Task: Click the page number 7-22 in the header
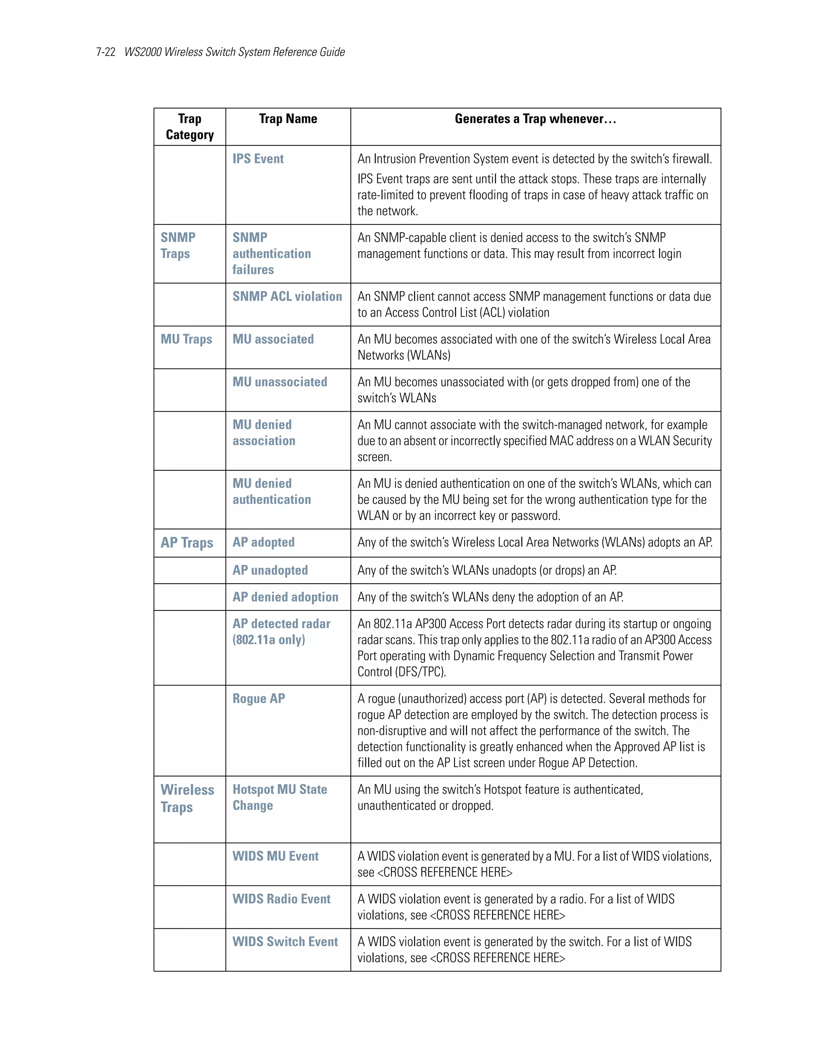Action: tap(105, 52)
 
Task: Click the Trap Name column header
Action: tap(288, 119)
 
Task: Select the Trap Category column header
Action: tap(189, 127)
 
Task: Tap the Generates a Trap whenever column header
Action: tap(535, 119)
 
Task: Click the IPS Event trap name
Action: tap(258, 159)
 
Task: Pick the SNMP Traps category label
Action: tap(178, 246)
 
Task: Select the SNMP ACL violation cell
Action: tap(287, 297)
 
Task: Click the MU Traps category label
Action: tap(186, 339)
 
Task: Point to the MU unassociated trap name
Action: tap(280, 382)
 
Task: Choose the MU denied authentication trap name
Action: tap(271, 491)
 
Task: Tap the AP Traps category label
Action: tap(187, 543)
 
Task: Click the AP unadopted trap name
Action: tap(270, 570)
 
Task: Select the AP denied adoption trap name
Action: tap(285, 597)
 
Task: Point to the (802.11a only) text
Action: tap(269, 640)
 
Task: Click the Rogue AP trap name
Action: tap(258, 699)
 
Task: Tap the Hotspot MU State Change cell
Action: tap(280, 797)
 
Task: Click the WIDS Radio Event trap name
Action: tap(281, 899)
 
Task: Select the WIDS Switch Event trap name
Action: tap(285, 942)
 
